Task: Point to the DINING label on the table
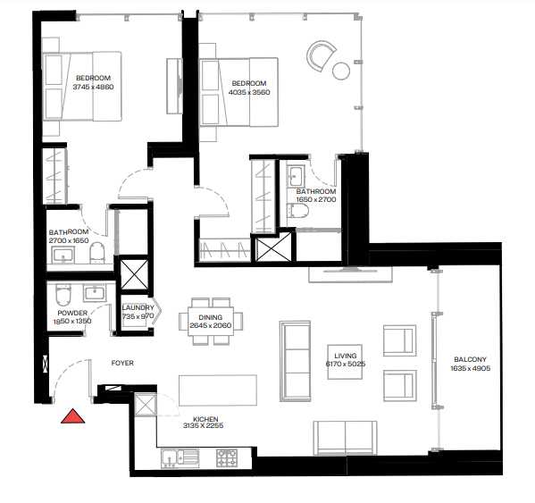[x=211, y=317]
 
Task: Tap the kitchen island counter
[x=217, y=390]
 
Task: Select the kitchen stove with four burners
[x=228, y=457]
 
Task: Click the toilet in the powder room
[x=63, y=295]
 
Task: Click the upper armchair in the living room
[x=398, y=340]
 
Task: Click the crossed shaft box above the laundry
[x=136, y=274]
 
